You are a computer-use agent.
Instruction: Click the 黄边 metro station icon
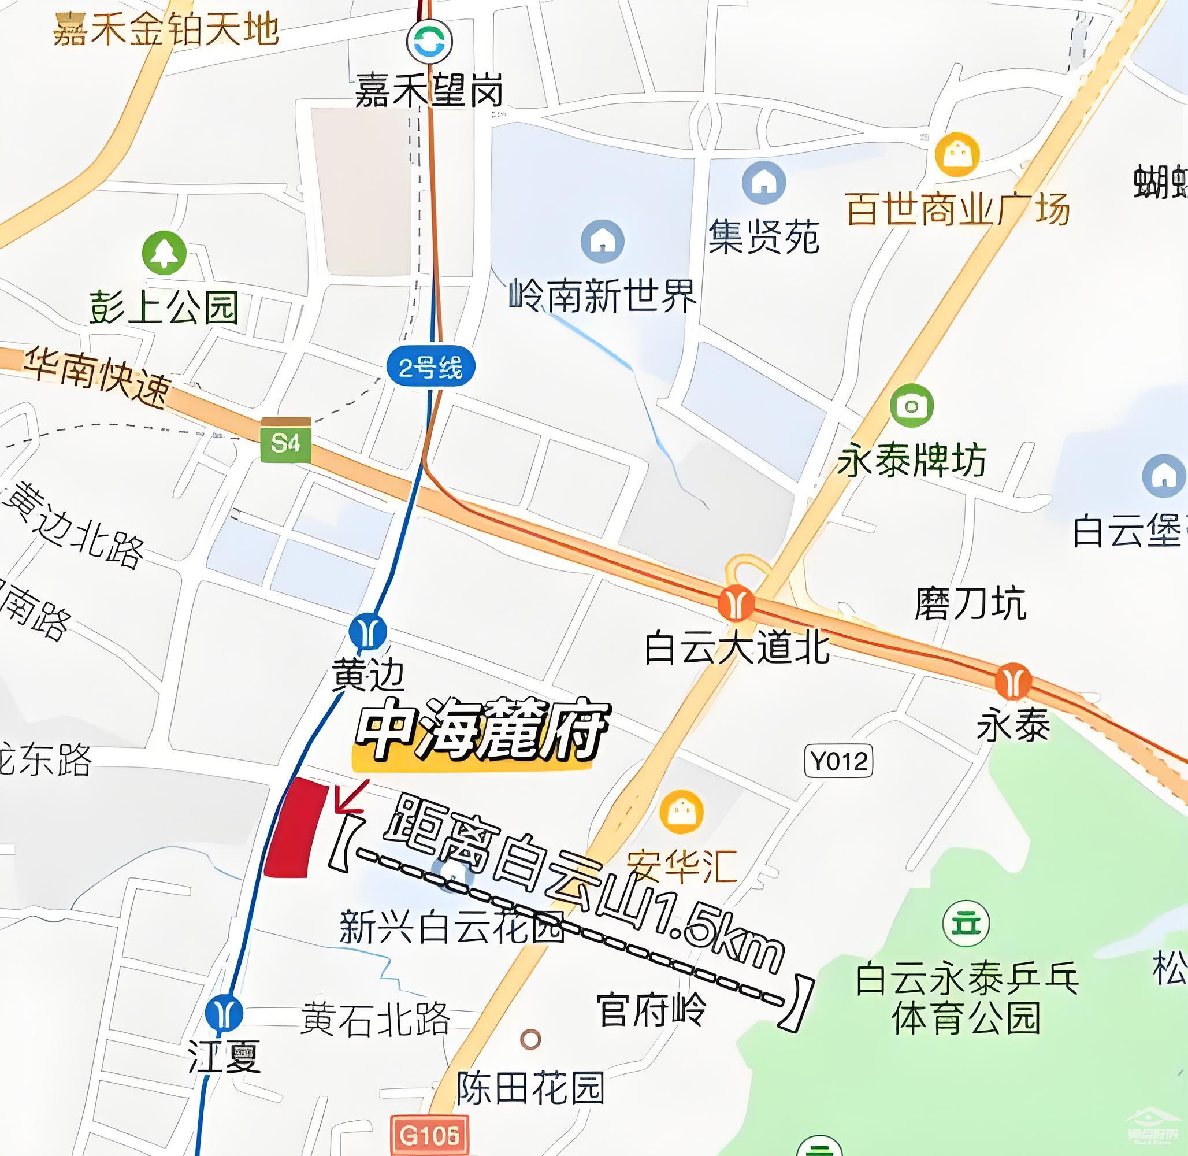tap(368, 631)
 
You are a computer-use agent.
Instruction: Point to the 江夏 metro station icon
tap(224, 1013)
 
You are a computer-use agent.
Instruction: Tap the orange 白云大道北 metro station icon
tap(736, 603)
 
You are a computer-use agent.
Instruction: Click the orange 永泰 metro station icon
tap(1012, 681)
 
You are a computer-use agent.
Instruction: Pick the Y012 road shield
tap(838, 761)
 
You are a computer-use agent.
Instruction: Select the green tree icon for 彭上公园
tap(164, 253)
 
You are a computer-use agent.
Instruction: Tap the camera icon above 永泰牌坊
tap(911, 406)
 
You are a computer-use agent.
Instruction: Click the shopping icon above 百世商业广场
tap(957, 154)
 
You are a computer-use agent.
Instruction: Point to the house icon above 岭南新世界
tap(602, 241)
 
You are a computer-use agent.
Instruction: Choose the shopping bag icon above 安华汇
tap(681, 812)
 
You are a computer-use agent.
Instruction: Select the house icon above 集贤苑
tap(764, 182)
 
